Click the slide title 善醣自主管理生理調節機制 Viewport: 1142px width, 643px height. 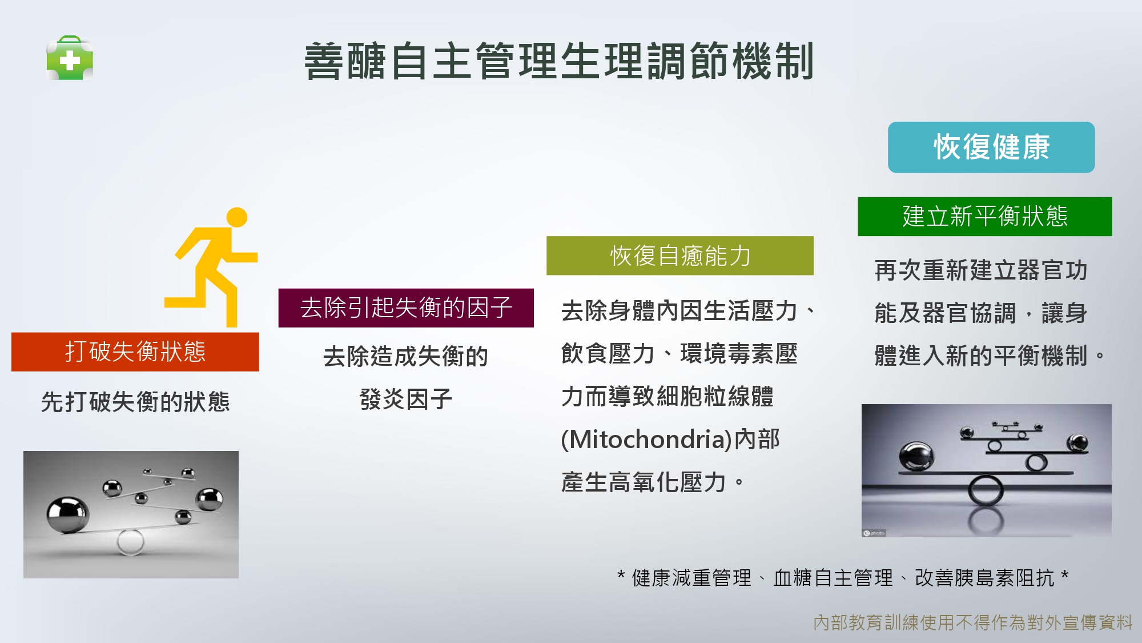[559, 61]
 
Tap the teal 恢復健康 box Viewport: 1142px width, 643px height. [991, 147]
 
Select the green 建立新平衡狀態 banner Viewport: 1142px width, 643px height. [985, 217]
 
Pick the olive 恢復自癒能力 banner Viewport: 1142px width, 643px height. [680, 255]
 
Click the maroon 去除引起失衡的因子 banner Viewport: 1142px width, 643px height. [406, 308]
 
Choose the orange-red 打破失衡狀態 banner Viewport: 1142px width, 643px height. [135, 352]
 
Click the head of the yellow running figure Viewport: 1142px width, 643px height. [237, 217]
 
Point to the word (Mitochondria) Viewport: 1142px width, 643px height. [646, 440]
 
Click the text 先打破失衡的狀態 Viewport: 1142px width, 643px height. [135, 402]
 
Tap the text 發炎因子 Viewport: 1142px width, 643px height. [406, 399]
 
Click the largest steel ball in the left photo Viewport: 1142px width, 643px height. [68, 514]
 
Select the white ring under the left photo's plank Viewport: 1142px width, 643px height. [130, 542]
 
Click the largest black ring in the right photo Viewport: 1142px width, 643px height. [986, 491]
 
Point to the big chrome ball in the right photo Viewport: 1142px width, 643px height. [916, 457]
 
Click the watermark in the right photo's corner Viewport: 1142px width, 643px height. [874, 533]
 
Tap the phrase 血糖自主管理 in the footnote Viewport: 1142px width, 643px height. [833, 578]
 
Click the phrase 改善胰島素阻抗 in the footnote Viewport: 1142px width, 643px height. [984, 578]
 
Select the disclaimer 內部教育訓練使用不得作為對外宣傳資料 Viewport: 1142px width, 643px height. [973, 622]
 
